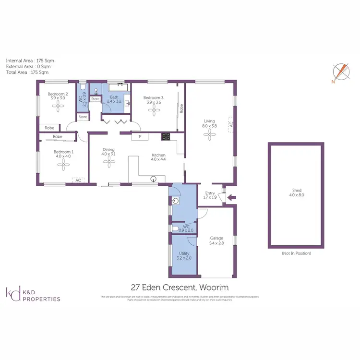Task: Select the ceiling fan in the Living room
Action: (209, 135)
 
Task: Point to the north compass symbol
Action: (339, 72)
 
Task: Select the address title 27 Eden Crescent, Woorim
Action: (184, 288)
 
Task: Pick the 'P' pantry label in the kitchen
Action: (140, 137)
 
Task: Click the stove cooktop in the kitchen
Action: (167, 136)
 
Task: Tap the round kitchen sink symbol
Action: (154, 180)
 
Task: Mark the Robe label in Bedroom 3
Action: (181, 109)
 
